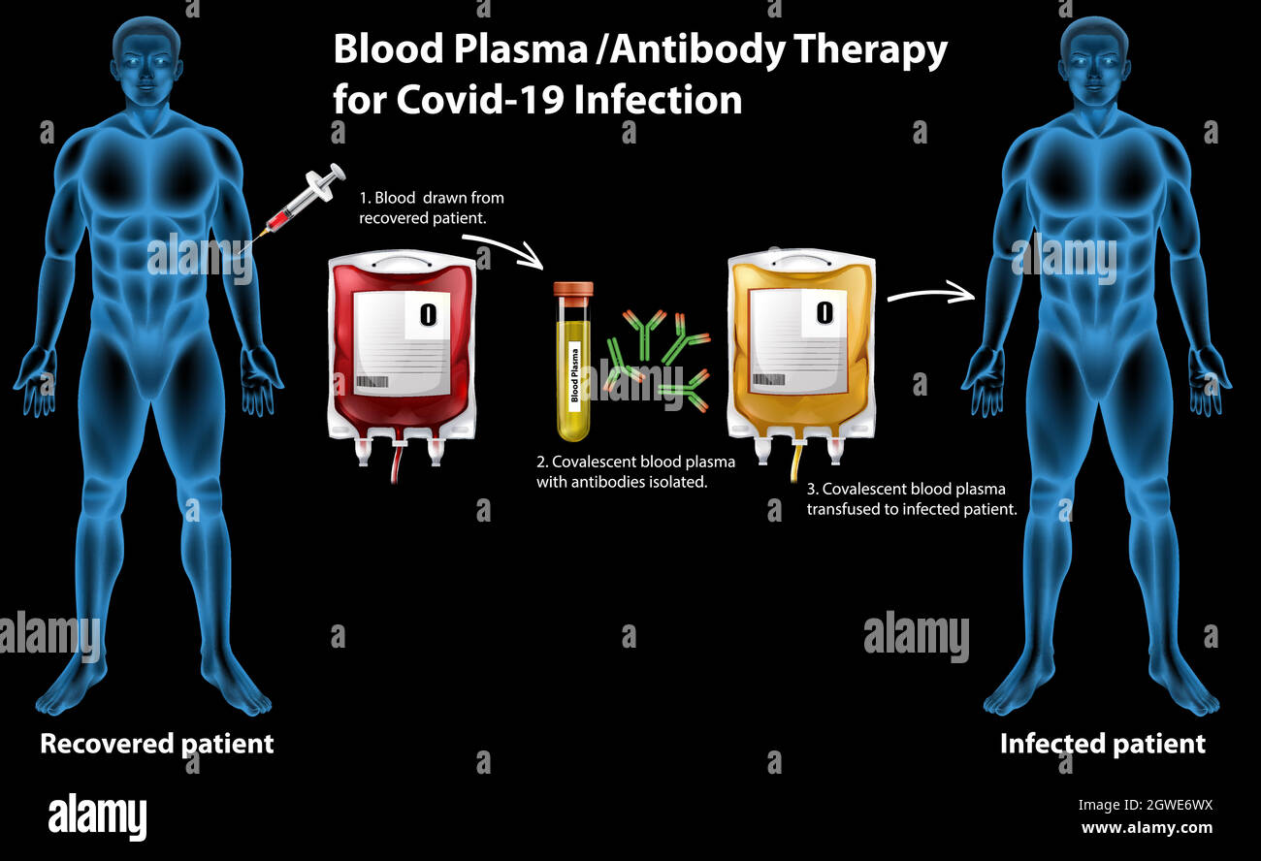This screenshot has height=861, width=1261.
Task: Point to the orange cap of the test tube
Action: click(573, 289)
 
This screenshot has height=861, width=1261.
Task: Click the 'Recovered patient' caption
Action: click(157, 744)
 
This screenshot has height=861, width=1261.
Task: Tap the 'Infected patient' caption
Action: click(1103, 744)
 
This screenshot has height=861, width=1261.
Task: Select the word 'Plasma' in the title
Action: click(520, 50)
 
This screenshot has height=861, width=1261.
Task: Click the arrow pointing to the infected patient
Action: click(931, 294)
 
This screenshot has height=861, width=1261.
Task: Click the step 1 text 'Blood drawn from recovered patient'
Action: click(432, 207)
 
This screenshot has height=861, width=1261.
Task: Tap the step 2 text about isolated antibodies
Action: click(635, 471)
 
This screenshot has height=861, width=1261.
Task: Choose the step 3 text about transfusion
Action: click(912, 498)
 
